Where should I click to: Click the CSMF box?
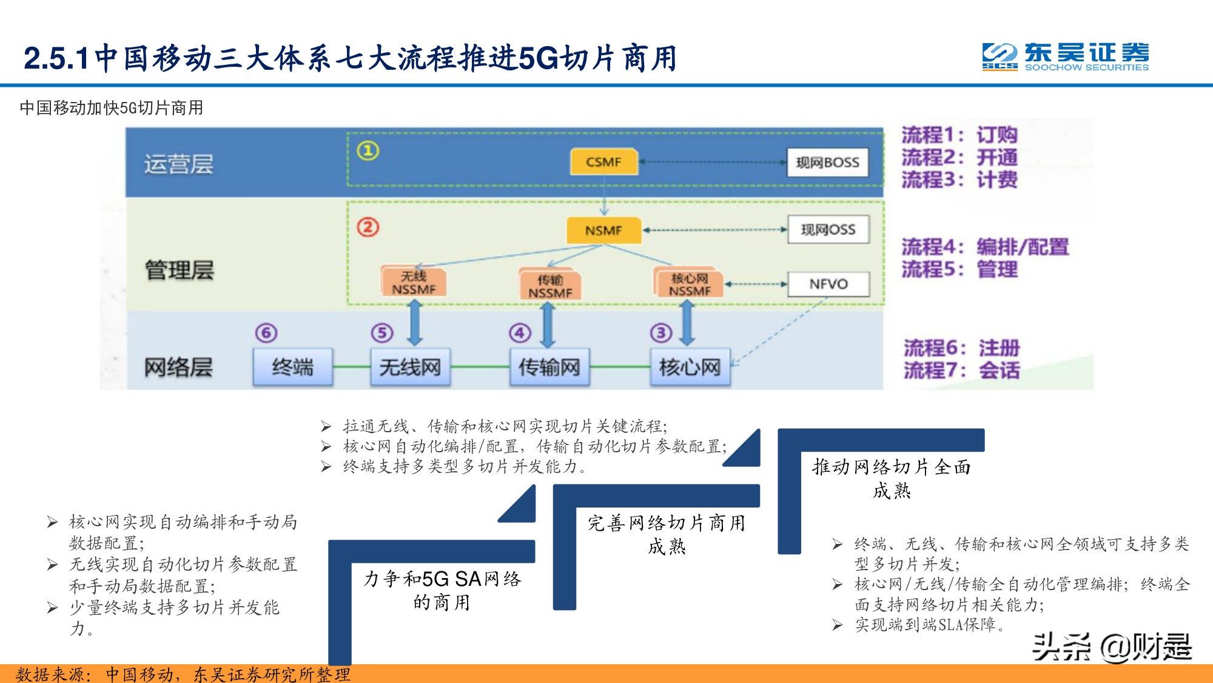603,162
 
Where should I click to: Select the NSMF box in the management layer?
603,231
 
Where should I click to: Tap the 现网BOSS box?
827,163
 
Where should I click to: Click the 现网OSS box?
828,230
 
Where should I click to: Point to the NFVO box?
828,284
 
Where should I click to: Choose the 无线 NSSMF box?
414,282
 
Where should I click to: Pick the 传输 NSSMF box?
550,286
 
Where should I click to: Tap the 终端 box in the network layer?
293,367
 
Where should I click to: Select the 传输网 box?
549,367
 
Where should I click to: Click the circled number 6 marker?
266,333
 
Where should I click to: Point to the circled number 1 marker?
368,151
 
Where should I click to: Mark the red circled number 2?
368,228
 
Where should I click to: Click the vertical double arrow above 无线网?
415,322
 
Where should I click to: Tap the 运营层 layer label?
178,165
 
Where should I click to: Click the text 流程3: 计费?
959,180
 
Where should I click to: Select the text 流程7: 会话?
961,370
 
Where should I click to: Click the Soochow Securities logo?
1065,57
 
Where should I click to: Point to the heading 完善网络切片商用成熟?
666,534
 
